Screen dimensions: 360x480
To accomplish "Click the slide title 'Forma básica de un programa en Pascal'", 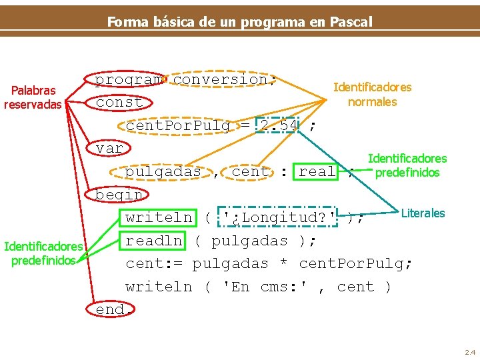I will tap(239, 21).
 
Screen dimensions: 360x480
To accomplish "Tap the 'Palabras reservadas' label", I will tap(33, 97).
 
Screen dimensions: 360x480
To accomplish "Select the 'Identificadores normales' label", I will tap(372, 94).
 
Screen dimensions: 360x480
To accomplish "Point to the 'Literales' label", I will tap(423, 213).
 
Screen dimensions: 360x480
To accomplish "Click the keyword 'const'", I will tap(119, 103).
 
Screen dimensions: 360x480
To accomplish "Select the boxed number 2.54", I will tap(279, 125).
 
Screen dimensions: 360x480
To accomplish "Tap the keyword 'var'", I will tap(109, 149).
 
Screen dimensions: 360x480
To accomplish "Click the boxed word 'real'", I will tap(317, 171).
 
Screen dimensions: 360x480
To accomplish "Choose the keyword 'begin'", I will tap(119, 195).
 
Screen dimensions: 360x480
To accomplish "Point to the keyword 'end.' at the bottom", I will tap(110, 310).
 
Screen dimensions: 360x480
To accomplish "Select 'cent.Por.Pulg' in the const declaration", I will tap(178, 125).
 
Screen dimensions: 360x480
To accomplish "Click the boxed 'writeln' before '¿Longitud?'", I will tap(159, 217).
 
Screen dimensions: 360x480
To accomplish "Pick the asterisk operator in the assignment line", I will tap(283, 264).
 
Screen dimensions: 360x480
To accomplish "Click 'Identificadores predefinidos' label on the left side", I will tap(43, 253).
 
